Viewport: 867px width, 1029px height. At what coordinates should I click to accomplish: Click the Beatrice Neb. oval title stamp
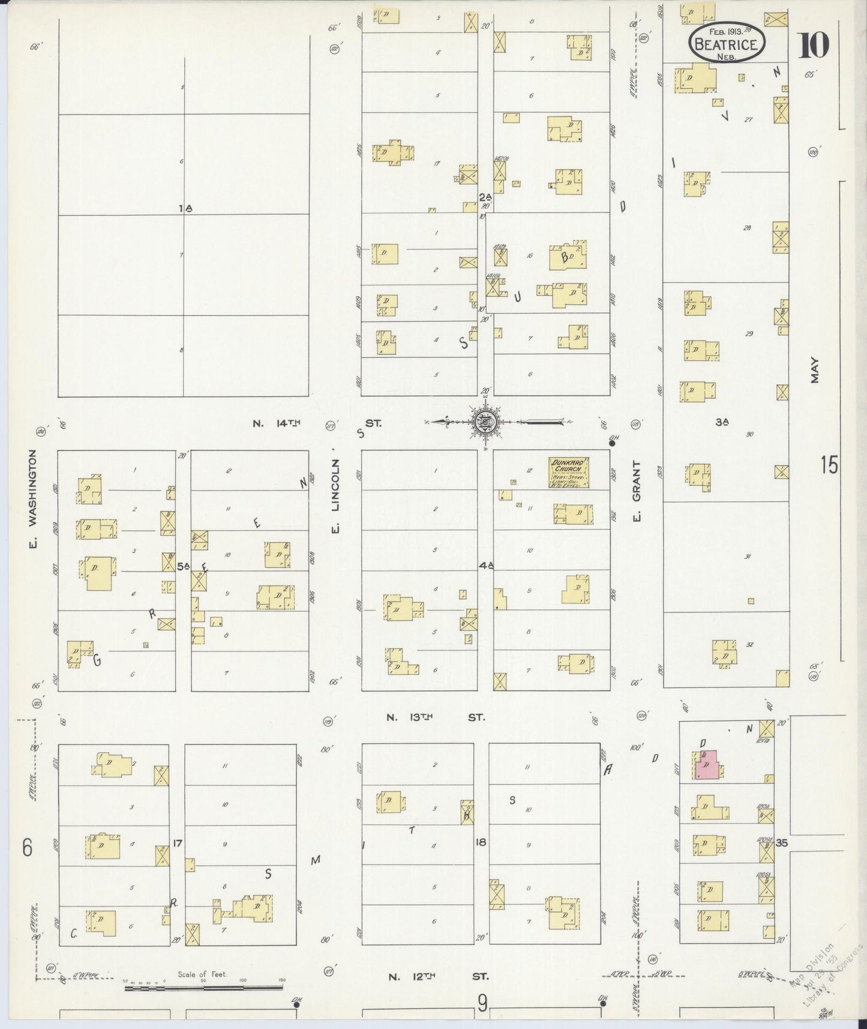point(728,42)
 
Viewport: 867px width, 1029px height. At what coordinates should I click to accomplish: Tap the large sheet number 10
point(813,45)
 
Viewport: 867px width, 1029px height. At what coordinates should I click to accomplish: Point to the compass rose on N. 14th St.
point(483,423)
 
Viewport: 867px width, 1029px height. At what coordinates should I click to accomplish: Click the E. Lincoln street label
point(337,495)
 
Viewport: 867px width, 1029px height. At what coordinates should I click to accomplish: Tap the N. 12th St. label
point(437,976)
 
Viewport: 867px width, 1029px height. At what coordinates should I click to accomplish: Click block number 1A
point(185,208)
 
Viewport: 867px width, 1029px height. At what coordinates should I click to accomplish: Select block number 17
point(177,843)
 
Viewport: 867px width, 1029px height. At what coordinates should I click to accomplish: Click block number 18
point(481,842)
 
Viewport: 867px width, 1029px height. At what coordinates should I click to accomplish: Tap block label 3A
point(722,422)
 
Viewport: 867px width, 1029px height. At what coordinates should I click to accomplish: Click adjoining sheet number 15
point(830,465)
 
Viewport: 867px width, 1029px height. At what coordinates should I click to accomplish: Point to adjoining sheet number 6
point(27,848)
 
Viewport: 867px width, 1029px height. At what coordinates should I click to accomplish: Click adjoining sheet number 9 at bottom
point(482,1003)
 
